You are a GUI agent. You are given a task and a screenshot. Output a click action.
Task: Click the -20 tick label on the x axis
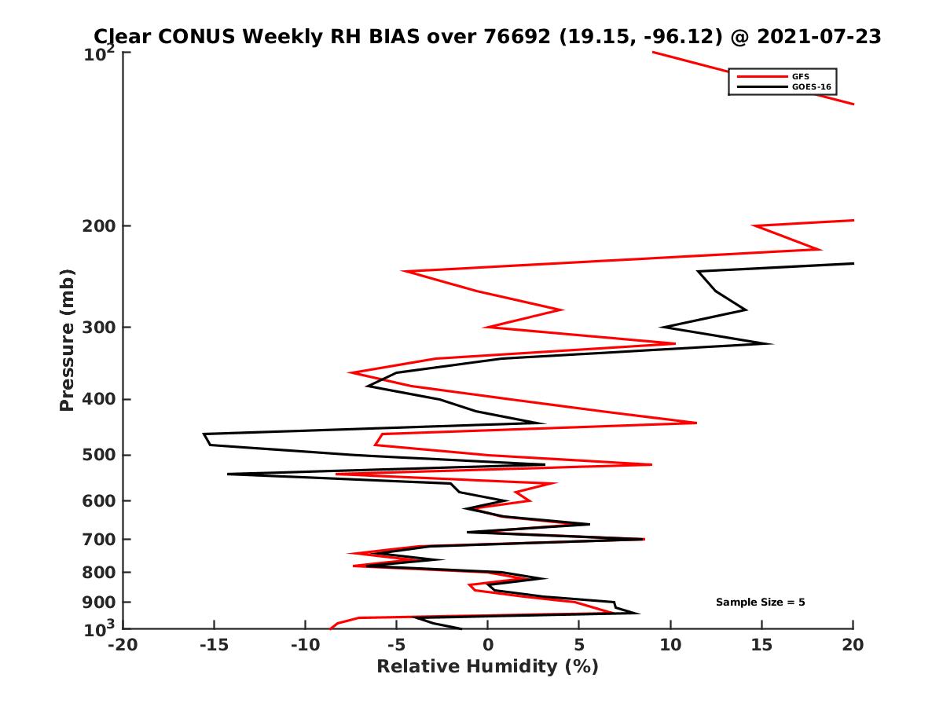coord(123,645)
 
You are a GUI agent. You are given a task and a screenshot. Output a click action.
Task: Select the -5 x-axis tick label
coord(397,645)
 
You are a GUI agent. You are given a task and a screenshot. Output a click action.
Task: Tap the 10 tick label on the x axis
coord(670,645)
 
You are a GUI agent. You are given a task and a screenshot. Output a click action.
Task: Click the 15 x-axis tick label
coord(761,645)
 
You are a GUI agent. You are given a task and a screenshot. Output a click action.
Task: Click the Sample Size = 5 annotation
coord(760,603)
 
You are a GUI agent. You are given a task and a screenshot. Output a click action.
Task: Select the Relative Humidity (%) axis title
coord(487,667)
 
